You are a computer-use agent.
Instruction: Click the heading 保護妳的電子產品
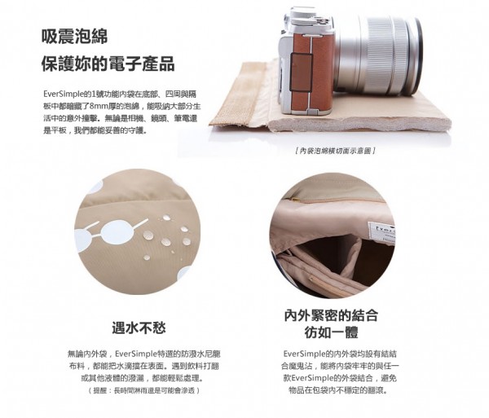pyautogui.click(x=108, y=64)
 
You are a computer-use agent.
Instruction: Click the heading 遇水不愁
pyautogui.click(x=139, y=328)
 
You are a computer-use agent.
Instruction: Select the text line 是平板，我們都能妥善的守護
pyautogui.click(x=97, y=130)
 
